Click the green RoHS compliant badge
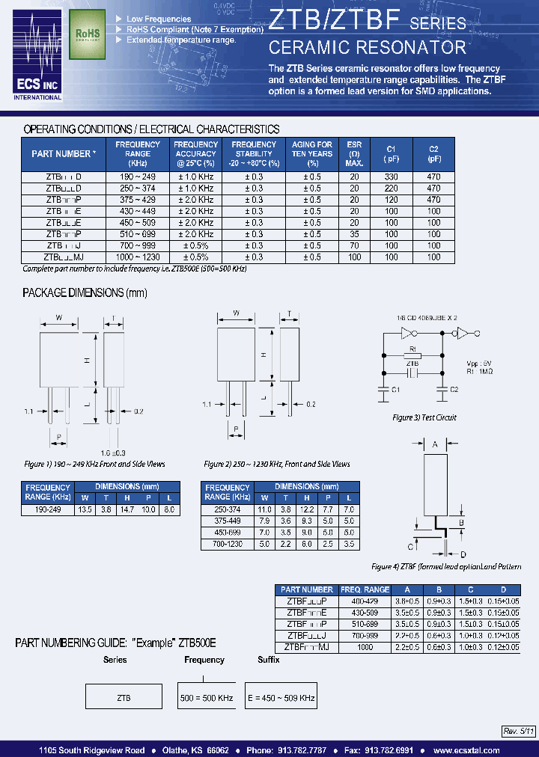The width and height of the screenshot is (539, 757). pyautogui.click(x=88, y=34)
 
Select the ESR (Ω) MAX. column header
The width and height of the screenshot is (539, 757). pyautogui.click(x=355, y=153)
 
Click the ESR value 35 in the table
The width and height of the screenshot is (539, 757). pyautogui.click(x=355, y=233)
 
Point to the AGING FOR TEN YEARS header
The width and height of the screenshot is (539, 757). pyautogui.click(x=312, y=153)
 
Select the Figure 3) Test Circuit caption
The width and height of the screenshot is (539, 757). pyautogui.click(x=424, y=417)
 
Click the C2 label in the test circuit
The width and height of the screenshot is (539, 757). pyautogui.click(x=452, y=389)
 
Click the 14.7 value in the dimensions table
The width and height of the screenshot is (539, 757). pyautogui.click(x=127, y=509)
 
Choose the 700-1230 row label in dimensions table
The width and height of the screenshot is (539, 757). pyautogui.click(x=228, y=545)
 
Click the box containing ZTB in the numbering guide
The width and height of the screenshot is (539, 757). pyautogui.click(x=124, y=697)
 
